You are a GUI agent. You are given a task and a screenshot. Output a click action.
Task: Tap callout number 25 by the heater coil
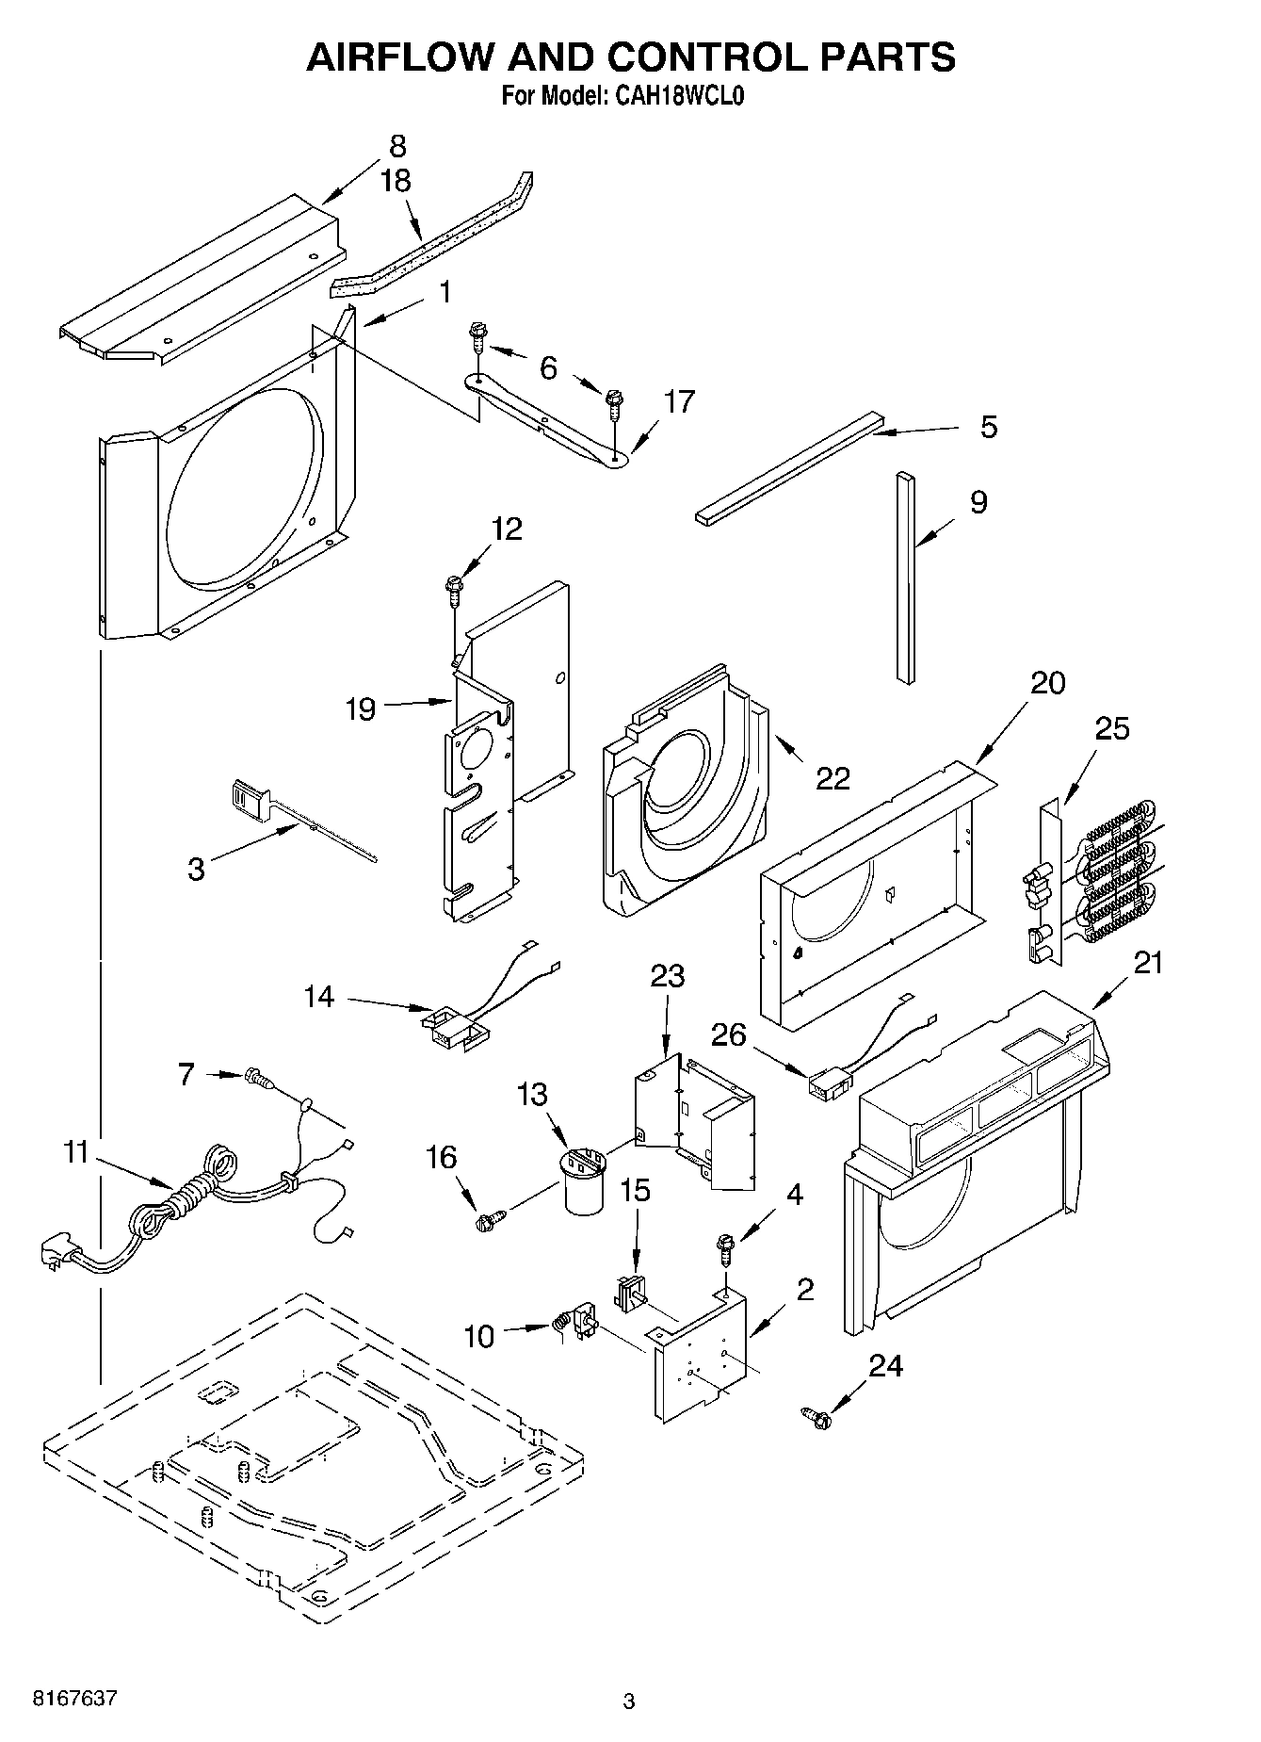coord(1111,728)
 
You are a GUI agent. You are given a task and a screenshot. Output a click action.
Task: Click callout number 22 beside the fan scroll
coord(833,778)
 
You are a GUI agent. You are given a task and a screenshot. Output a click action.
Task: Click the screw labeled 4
coord(726,1247)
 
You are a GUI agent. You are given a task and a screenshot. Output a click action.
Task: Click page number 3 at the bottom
coord(629,1701)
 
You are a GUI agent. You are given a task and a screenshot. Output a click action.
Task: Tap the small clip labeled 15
coord(627,1291)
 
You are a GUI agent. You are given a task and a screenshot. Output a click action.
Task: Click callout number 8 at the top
coord(397,146)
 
